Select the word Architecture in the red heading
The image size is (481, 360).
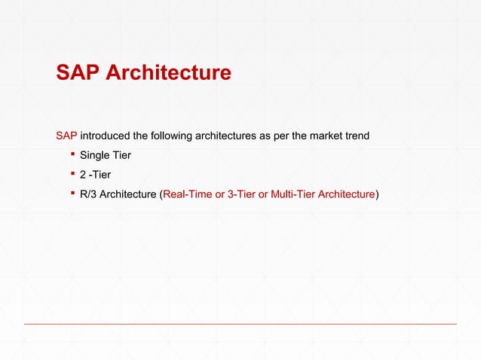point(167,72)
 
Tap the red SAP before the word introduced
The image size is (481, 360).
point(66,136)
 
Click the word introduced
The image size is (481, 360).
point(105,136)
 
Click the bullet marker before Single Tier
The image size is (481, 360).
point(72,155)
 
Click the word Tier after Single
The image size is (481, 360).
point(121,156)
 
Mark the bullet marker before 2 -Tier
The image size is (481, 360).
point(72,174)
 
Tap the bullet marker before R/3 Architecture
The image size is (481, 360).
point(72,194)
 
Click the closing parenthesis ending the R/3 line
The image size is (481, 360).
point(377,194)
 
